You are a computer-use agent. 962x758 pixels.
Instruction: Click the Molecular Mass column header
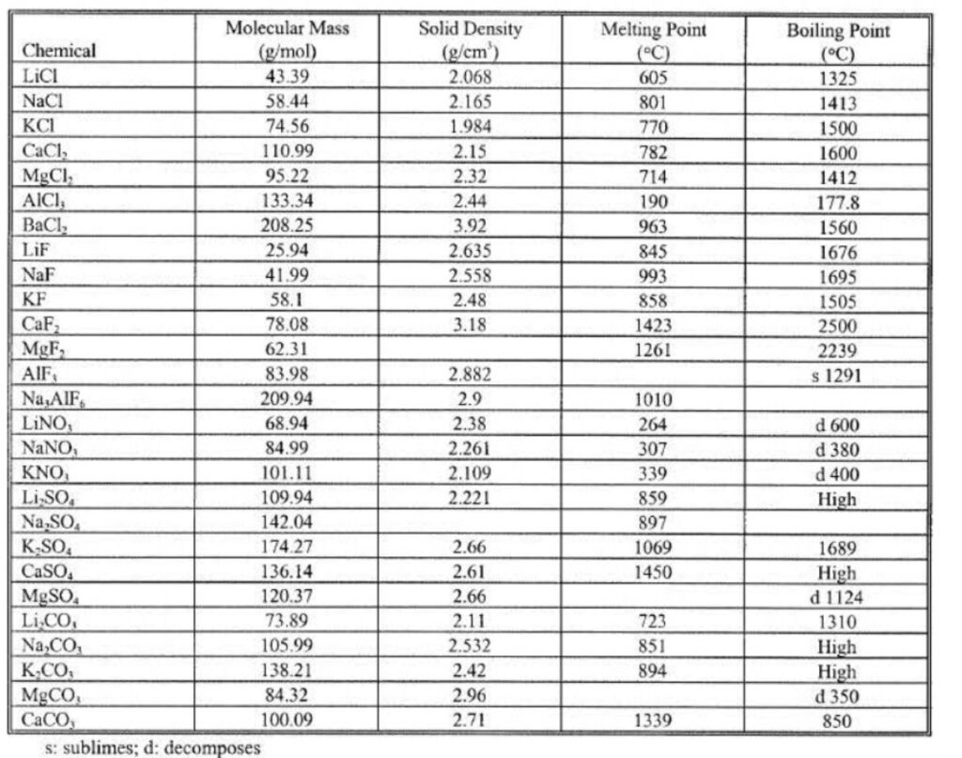[x=287, y=39]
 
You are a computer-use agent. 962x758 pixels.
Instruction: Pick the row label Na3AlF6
[x=55, y=398]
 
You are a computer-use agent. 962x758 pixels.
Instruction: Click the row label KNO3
[x=46, y=473]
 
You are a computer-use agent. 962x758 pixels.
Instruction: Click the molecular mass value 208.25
[x=287, y=225]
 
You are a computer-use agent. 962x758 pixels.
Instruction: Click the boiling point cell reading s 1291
[x=837, y=376]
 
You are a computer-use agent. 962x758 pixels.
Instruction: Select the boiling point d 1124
[x=837, y=597]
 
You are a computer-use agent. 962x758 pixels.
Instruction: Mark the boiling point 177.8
[x=837, y=202]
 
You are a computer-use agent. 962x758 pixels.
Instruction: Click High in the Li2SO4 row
[x=837, y=499]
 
